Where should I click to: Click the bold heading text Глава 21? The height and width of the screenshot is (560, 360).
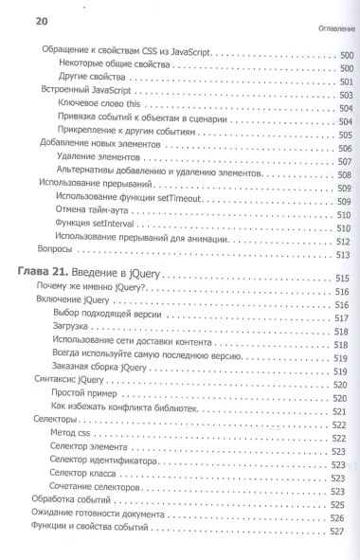[x=46, y=276]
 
